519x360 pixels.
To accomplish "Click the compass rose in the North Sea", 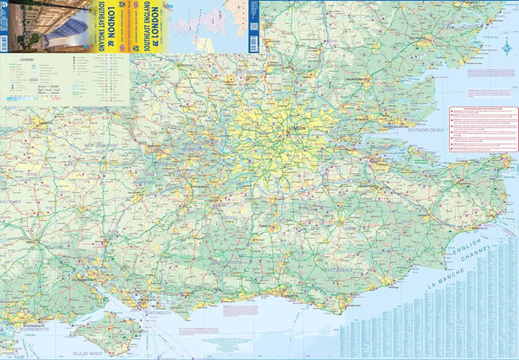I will point(506,49).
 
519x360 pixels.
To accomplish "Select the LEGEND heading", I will point(20,62).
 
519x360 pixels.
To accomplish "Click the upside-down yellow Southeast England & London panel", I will point(151,26).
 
